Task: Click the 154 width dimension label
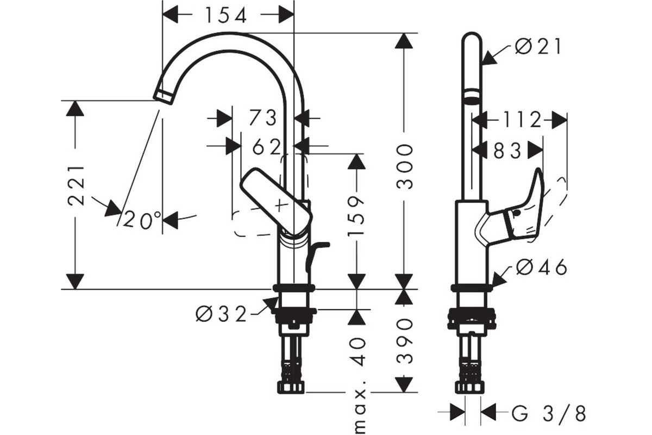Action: pyautogui.click(x=226, y=15)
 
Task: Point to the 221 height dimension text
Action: pyautogui.click(x=76, y=185)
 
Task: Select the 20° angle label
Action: pyautogui.click(x=142, y=220)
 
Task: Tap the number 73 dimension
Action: pyautogui.click(x=263, y=117)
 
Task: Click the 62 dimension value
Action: pyautogui.click(x=267, y=147)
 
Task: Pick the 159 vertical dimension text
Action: pyautogui.click(x=356, y=215)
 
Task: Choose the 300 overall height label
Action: pyautogui.click(x=405, y=166)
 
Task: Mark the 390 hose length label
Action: pyautogui.click(x=405, y=341)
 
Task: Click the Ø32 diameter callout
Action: pyautogui.click(x=221, y=314)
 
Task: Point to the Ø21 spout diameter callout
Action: pyautogui.click(x=538, y=47)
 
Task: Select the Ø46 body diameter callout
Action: pyautogui.click(x=541, y=267)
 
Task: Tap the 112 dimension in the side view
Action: pyautogui.click(x=523, y=120)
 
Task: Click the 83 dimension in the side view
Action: pyautogui.click(x=507, y=151)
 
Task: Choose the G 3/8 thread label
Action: pyautogui.click(x=549, y=413)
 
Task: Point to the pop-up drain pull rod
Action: pyautogui.click(x=316, y=257)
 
